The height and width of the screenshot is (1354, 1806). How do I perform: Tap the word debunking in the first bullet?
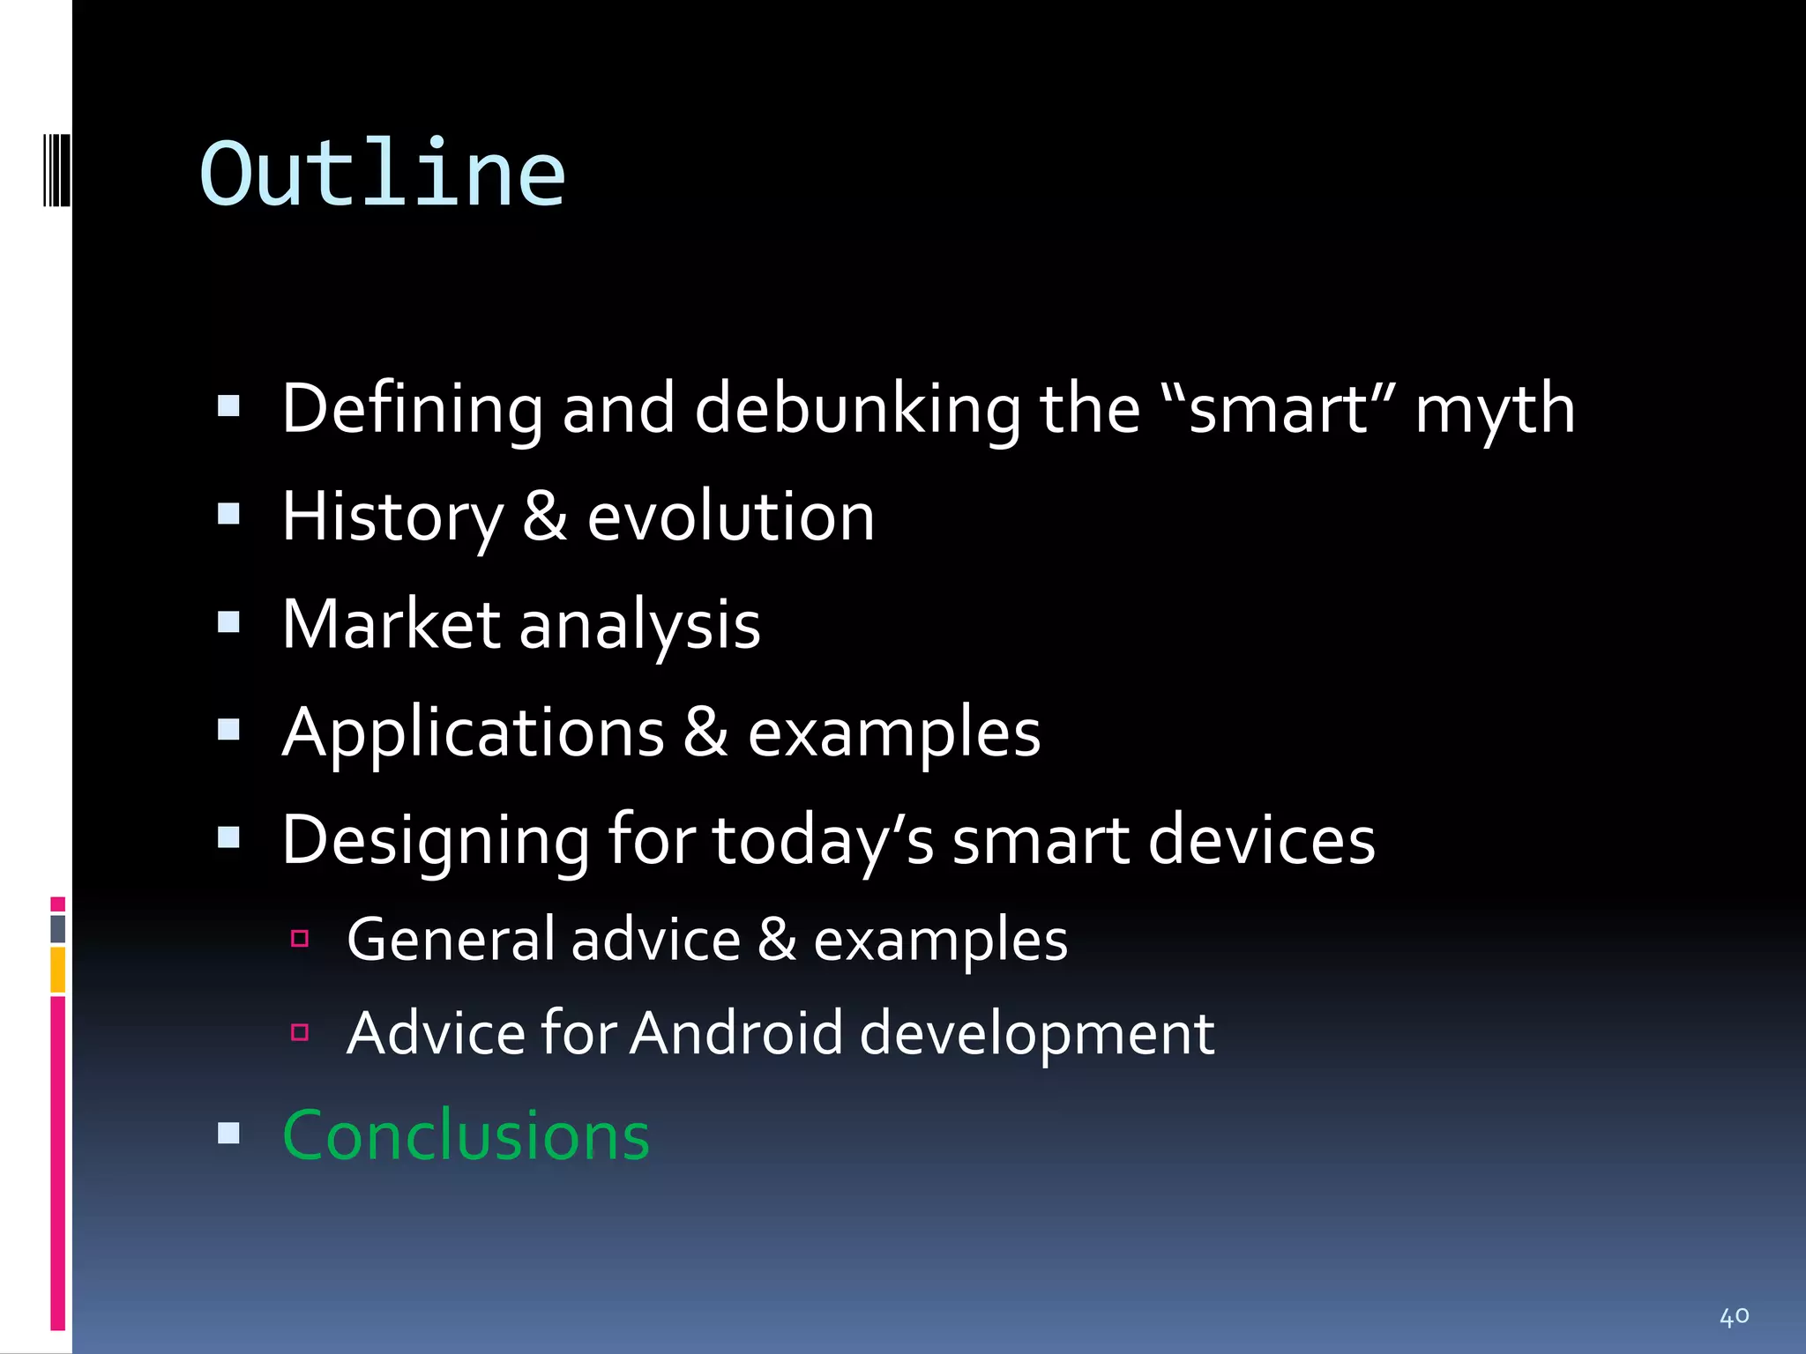click(856, 410)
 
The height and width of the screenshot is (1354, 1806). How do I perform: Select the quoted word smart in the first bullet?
click(1279, 410)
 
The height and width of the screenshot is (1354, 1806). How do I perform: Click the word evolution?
click(730, 517)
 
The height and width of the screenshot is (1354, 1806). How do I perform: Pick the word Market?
click(391, 625)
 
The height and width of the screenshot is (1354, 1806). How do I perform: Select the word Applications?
click(473, 733)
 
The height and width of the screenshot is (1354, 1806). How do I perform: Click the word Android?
click(736, 1033)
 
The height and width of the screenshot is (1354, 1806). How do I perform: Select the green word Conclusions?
click(466, 1135)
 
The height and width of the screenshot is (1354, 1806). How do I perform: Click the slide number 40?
click(1734, 1317)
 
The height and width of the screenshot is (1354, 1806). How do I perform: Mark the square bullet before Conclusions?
click(228, 1133)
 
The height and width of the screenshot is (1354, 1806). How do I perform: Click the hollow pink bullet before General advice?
click(300, 939)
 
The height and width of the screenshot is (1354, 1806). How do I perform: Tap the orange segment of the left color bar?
click(57, 970)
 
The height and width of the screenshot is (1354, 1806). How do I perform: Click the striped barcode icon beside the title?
click(56, 169)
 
